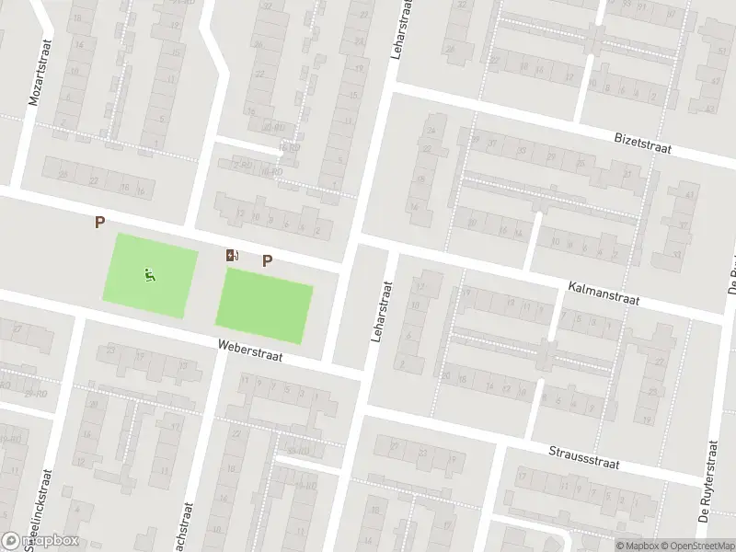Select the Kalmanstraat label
point(602,294)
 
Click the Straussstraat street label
point(585,456)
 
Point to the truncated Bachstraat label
point(188,524)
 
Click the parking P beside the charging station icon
point(268,260)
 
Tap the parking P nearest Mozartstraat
point(99,222)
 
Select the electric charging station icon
point(232,255)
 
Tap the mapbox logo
point(40,541)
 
